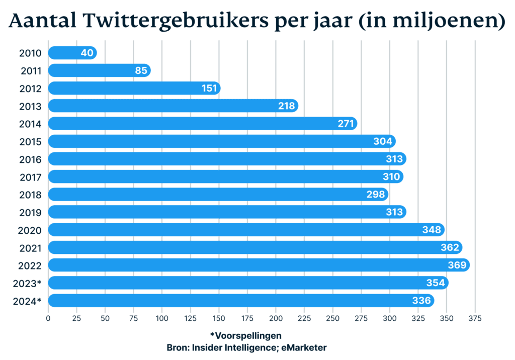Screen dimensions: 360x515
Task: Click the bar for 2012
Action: pyautogui.click(x=133, y=88)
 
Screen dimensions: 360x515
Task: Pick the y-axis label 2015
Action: pyautogui.click(x=30, y=142)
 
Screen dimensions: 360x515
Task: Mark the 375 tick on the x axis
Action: pyautogui.click(x=475, y=318)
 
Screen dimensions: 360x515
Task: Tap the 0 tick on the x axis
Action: pyautogui.click(x=48, y=318)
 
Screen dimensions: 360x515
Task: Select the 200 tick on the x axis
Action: pyautogui.click(x=276, y=318)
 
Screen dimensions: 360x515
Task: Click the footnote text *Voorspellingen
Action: pyautogui.click(x=246, y=335)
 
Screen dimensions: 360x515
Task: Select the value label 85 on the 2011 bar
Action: pyautogui.click(x=141, y=71)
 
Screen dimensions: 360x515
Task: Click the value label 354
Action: pyautogui.click(x=436, y=283)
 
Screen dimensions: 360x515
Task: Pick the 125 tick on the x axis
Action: pyautogui.click(x=190, y=318)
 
